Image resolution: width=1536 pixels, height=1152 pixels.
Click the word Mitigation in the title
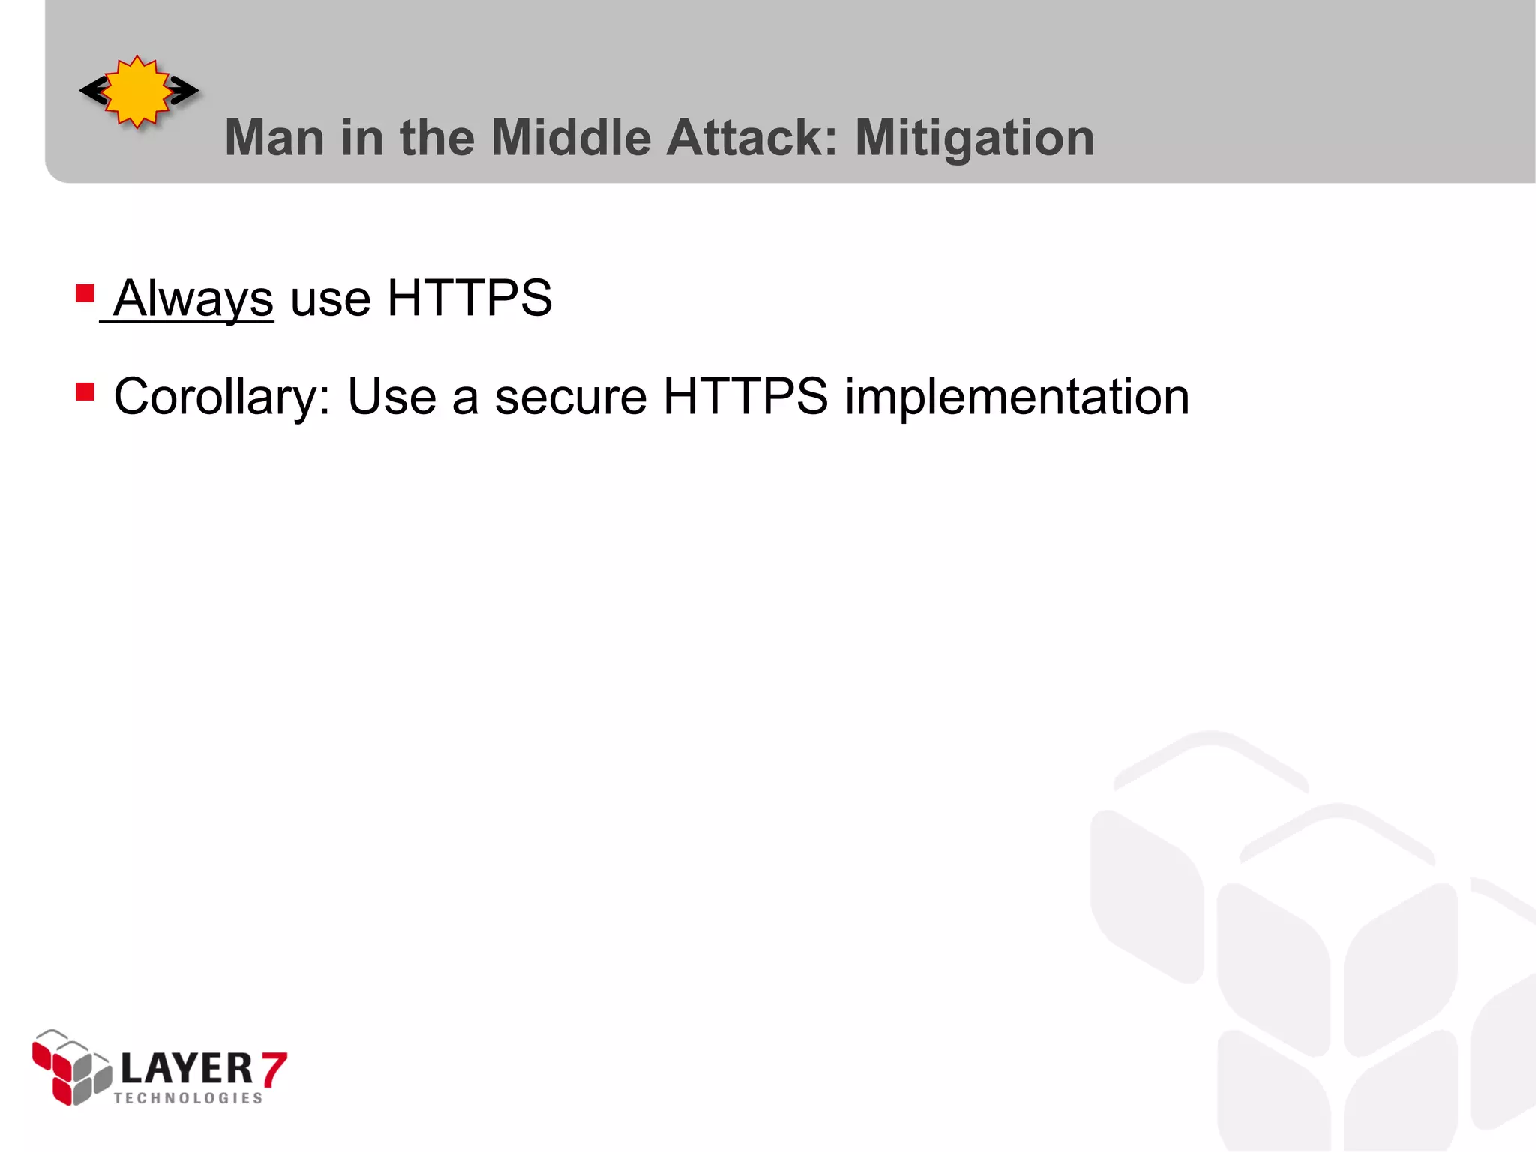974,139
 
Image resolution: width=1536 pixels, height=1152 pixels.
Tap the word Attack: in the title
751,138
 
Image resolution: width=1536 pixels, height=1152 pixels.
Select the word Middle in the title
571,138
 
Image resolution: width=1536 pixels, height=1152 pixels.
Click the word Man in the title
274,138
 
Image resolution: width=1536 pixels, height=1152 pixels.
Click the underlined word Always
193,298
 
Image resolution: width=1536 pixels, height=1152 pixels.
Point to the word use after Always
330,298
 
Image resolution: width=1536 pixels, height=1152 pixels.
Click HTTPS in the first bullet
469,298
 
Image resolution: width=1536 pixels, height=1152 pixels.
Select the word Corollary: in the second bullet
221,397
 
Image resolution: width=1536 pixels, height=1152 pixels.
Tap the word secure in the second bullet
571,397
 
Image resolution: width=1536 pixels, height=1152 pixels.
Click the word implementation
1017,397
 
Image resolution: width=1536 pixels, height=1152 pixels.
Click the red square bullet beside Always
85,292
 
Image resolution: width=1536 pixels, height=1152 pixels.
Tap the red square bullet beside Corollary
85,391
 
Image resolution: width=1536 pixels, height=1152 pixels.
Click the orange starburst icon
138,91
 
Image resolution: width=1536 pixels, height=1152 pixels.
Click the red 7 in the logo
274,1069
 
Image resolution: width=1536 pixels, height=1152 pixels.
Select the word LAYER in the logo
187,1068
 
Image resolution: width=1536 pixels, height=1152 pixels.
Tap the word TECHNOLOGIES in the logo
188,1098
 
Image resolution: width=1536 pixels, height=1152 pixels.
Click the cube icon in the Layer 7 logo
71,1068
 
